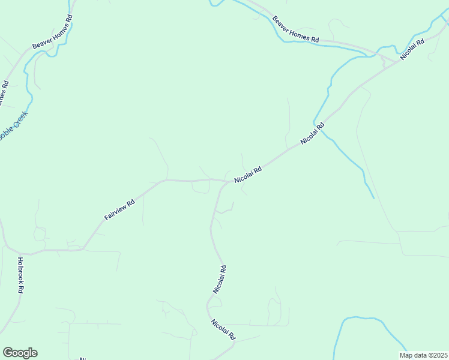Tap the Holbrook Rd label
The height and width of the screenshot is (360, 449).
(20, 275)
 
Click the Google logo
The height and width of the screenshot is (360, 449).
(20, 353)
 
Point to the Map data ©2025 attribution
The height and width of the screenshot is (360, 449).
(423, 355)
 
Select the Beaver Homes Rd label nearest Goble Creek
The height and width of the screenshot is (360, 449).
(52, 36)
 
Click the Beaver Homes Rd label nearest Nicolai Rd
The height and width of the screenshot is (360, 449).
(295, 29)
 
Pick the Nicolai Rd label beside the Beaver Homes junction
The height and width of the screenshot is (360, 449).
(412, 49)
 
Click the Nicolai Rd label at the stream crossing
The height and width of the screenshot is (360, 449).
(313, 133)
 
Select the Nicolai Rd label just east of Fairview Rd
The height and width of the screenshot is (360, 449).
(249, 175)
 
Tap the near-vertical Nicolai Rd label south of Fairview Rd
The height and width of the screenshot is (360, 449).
(220, 279)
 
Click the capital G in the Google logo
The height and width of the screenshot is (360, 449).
(8, 353)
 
